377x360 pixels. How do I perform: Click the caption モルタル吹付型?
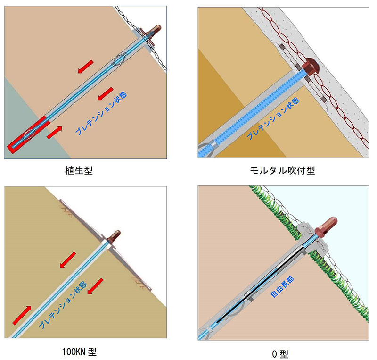[282, 170]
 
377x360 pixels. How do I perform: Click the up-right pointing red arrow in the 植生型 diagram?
[55, 132]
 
